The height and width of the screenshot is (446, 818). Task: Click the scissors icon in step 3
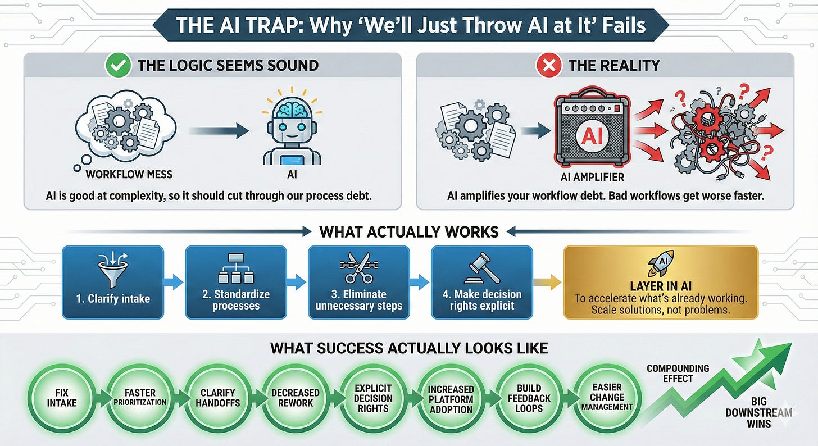(358, 267)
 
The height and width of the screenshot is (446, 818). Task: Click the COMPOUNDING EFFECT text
(678, 373)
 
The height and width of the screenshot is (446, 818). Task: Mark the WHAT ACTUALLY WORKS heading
(408, 231)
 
